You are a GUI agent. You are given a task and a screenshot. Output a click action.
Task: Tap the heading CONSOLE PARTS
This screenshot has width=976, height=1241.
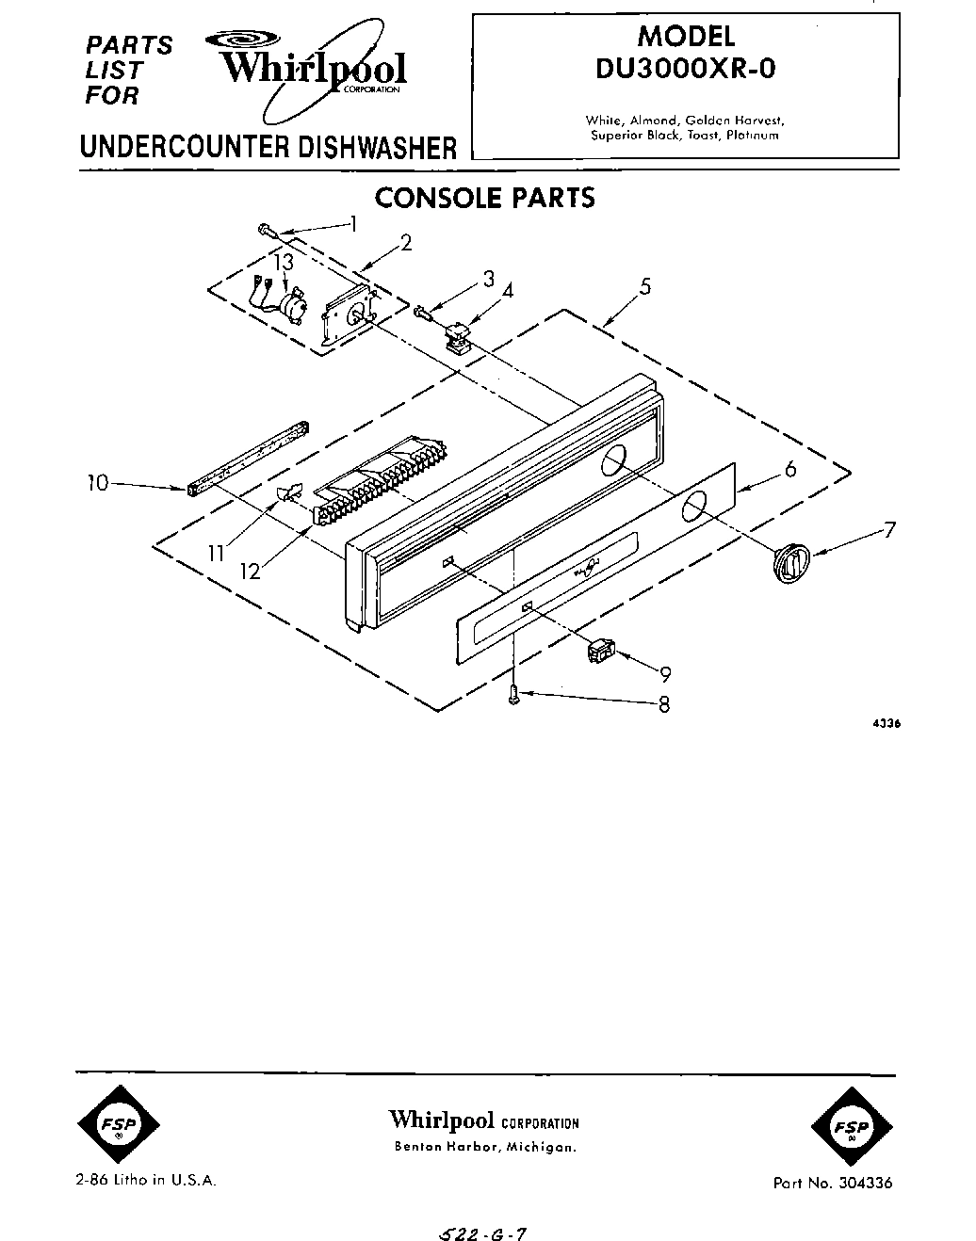484,199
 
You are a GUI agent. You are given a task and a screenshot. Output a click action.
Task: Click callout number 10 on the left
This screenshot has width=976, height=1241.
97,483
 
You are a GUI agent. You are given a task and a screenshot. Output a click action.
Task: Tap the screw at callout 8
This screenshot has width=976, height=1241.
513,696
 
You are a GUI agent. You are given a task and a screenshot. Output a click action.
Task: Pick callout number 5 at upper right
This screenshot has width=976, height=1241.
645,286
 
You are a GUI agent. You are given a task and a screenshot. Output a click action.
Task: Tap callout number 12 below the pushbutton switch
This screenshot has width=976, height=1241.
251,571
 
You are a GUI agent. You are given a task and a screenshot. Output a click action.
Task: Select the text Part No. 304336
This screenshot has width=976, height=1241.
832,1184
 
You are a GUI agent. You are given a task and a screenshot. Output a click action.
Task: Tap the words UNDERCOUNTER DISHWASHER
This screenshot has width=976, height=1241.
268,149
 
